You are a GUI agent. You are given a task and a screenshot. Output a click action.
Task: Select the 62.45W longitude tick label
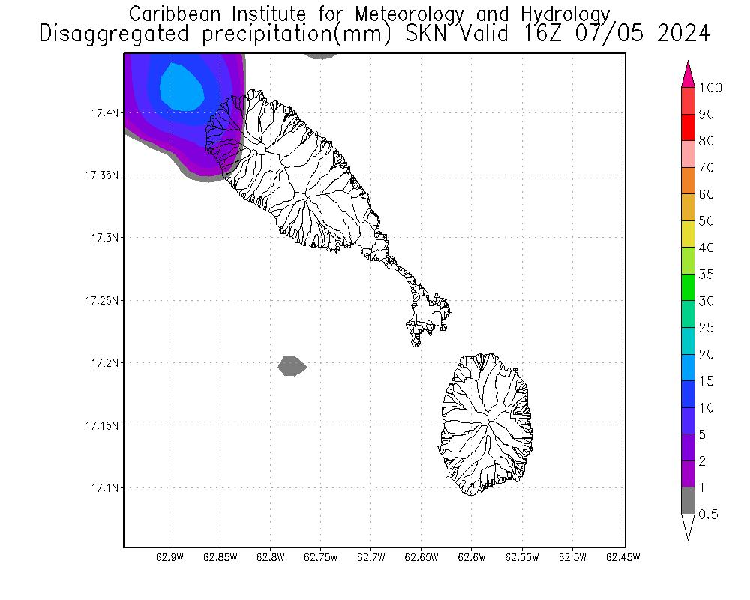coord(622,557)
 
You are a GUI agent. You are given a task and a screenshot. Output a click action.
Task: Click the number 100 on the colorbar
coord(709,88)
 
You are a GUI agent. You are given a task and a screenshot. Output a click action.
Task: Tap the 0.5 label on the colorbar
coord(708,514)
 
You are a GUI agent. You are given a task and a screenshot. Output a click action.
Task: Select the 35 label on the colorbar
coord(706,274)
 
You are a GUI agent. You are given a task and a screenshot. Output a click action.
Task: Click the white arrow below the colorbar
coord(688,526)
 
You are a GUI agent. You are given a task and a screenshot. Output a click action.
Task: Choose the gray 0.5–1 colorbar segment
coord(688,501)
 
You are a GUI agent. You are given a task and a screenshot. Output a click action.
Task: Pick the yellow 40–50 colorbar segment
coord(688,235)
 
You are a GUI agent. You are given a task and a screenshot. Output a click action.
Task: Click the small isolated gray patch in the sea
coord(292,366)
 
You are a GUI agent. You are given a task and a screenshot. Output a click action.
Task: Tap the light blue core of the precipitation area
coord(182,85)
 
